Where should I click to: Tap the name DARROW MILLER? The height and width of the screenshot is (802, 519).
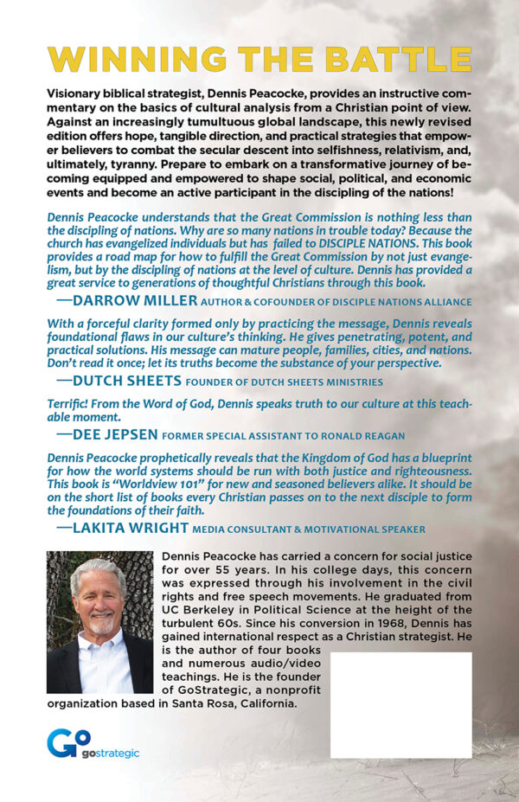coord(134,301)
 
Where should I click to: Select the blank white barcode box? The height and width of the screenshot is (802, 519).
coord(400,692)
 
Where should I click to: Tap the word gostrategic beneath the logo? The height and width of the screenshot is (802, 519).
coord(111,754)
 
